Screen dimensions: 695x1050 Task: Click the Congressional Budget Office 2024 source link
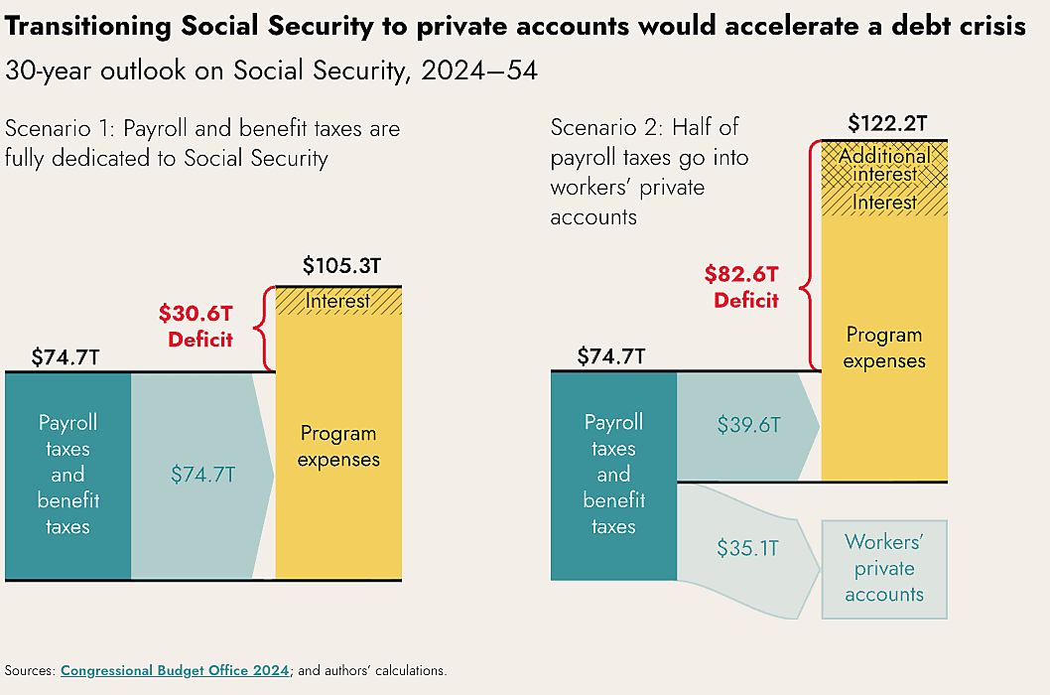pyautogui.click(x=175, y=670)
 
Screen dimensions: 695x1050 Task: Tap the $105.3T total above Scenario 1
pyautogui.click(x=338, y=267)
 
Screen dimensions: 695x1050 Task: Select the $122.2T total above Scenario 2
pyautogui.click(x=886, y=124)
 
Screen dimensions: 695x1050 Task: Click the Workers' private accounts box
pyautogui.click(x=883, y=569)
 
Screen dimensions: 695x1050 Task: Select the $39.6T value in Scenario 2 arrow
pyautogui.click(x=748, y=425)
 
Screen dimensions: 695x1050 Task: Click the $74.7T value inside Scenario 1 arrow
pyautogui.click(x=202, y=475)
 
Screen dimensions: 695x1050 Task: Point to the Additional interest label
pyautogui.click(x=884, y=166)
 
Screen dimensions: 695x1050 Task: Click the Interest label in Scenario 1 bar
pyautogui.click(x=337, y=301)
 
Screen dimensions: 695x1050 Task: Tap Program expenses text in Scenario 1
pyautogui.click(x=338, y=447)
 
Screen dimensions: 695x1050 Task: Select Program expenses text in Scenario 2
pyautogui.click(x=883, y=347)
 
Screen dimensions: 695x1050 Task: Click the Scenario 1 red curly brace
pyautogui.click(x=265, y=329)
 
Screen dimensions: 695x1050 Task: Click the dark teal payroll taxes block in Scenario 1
pyautogui.click(x=68, y=475)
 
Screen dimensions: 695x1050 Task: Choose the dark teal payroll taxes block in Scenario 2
pyautogui.click(x=613, y=475)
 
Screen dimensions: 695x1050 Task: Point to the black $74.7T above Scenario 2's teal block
pyautogui.click(x=611, y=356)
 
